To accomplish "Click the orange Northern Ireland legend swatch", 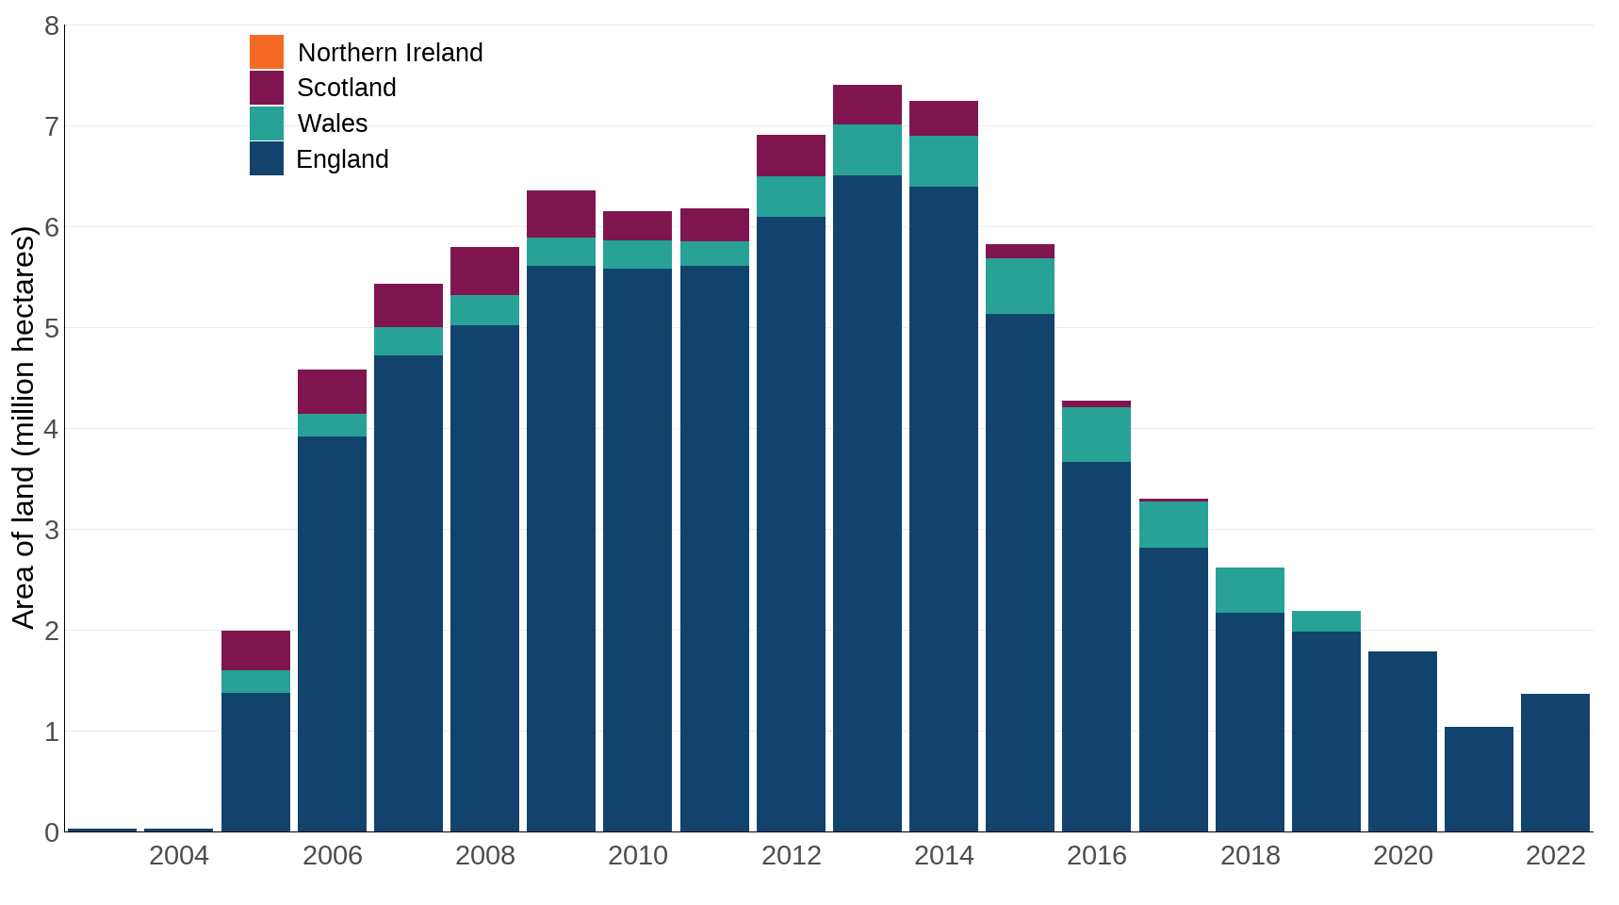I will (267, 52).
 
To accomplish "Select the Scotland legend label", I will (346, 88).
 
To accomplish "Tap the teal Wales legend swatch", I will (267, 123).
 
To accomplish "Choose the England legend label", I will (342, 159).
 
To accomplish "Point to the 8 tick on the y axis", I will (52, 26).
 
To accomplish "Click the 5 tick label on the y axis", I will (52, 329).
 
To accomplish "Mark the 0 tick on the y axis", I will (52, 832).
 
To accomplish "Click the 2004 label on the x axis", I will (179, 856).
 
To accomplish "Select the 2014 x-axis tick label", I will (943, 856).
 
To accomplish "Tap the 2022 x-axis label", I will (1555, 856).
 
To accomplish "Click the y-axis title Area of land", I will (24, 427).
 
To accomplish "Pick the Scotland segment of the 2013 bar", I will (867, 105).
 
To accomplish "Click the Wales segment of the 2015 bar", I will (1020, 286).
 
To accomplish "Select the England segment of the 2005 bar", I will (255, 762).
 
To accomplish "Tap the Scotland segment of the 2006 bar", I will (332, 391).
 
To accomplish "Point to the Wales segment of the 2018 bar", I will (1250, 590).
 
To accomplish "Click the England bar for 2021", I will (1479, 779).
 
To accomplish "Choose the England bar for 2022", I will (1555, 763).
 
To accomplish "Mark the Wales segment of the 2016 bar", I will (1096, 435).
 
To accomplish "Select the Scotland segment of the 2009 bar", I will (561, 214).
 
